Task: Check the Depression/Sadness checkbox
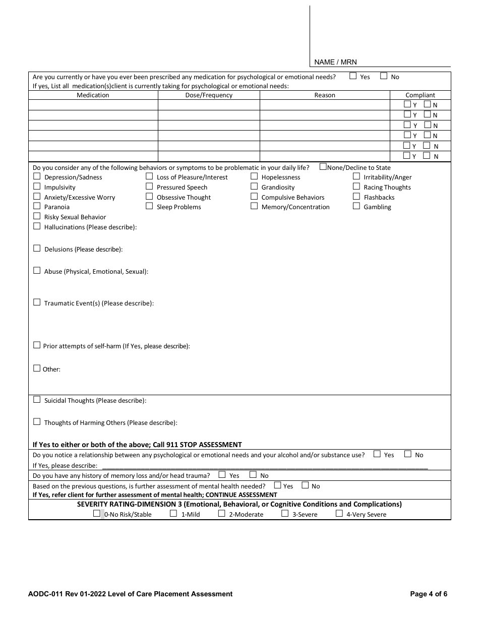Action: tap(37, 176)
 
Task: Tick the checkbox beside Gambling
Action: tap(356, 206)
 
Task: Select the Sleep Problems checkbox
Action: tap(149, 206)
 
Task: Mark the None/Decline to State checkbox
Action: tap(323, 167)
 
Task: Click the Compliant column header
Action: tap(420, 95)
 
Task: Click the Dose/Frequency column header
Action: tap(209, 95)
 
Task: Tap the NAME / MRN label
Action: tap(335, 62)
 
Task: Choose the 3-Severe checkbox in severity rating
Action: tap(285, 514)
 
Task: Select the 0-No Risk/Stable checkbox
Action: tap(97, 514)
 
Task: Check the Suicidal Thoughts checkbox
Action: tap(37, 400)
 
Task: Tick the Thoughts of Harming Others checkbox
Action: tap(37, 422)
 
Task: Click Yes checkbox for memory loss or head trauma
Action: tap(222, 475)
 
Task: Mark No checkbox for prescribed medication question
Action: tap(384, 76)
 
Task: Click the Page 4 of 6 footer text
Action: tap(429, 594)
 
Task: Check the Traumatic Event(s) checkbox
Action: tap(37, 302)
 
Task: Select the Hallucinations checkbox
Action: tap(37, 226)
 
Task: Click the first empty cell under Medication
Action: tap(93, 105)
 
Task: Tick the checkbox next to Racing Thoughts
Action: tap(356, 187)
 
